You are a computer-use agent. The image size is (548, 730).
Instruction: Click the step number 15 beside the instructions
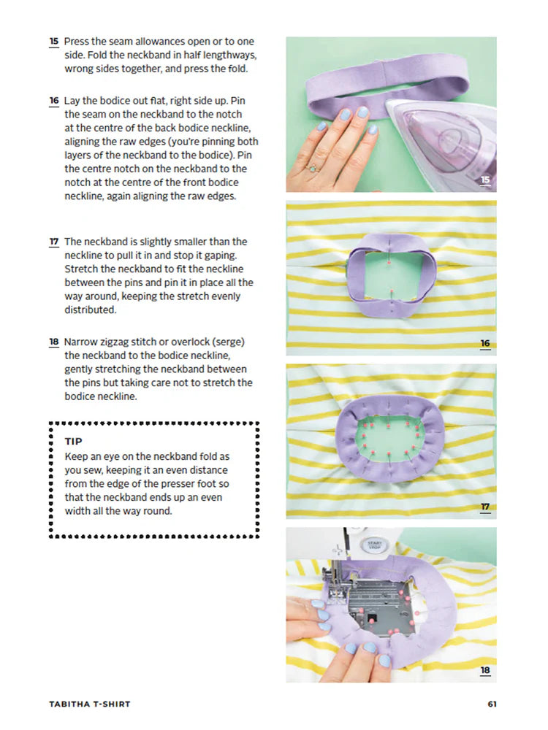tap(54, 42)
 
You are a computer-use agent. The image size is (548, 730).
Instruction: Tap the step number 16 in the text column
tap(54, 101)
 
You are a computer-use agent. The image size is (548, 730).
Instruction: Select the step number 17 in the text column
tap(54, 242)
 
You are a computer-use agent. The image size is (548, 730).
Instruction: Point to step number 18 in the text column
tap(54, 342)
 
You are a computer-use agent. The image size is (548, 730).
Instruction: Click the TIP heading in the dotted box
tap(74, 442)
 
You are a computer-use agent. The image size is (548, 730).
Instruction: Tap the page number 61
tap(492, 704)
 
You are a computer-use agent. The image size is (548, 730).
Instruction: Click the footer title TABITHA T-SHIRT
tap(90, 704)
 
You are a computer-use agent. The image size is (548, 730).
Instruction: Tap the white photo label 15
tap(485, 180)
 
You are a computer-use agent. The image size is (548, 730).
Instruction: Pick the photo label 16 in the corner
tap(485, 343)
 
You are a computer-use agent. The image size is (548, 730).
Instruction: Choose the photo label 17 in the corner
tap(485, 507)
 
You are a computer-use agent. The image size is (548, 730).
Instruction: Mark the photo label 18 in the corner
tap(485, 670)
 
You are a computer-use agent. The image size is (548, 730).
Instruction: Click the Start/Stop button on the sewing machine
tap(374, 545)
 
